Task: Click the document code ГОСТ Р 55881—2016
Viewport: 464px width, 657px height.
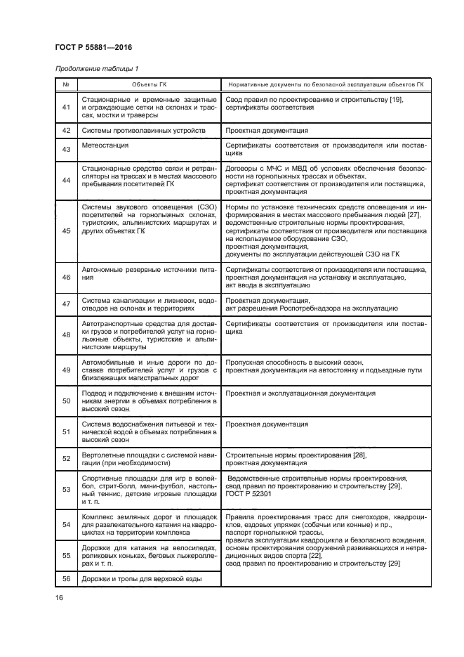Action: click(93, 48)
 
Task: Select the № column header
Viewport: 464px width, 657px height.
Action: click(65, 84)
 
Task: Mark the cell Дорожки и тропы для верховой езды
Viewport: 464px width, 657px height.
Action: click(142, 578)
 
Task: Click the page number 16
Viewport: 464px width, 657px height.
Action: click(59, 597)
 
